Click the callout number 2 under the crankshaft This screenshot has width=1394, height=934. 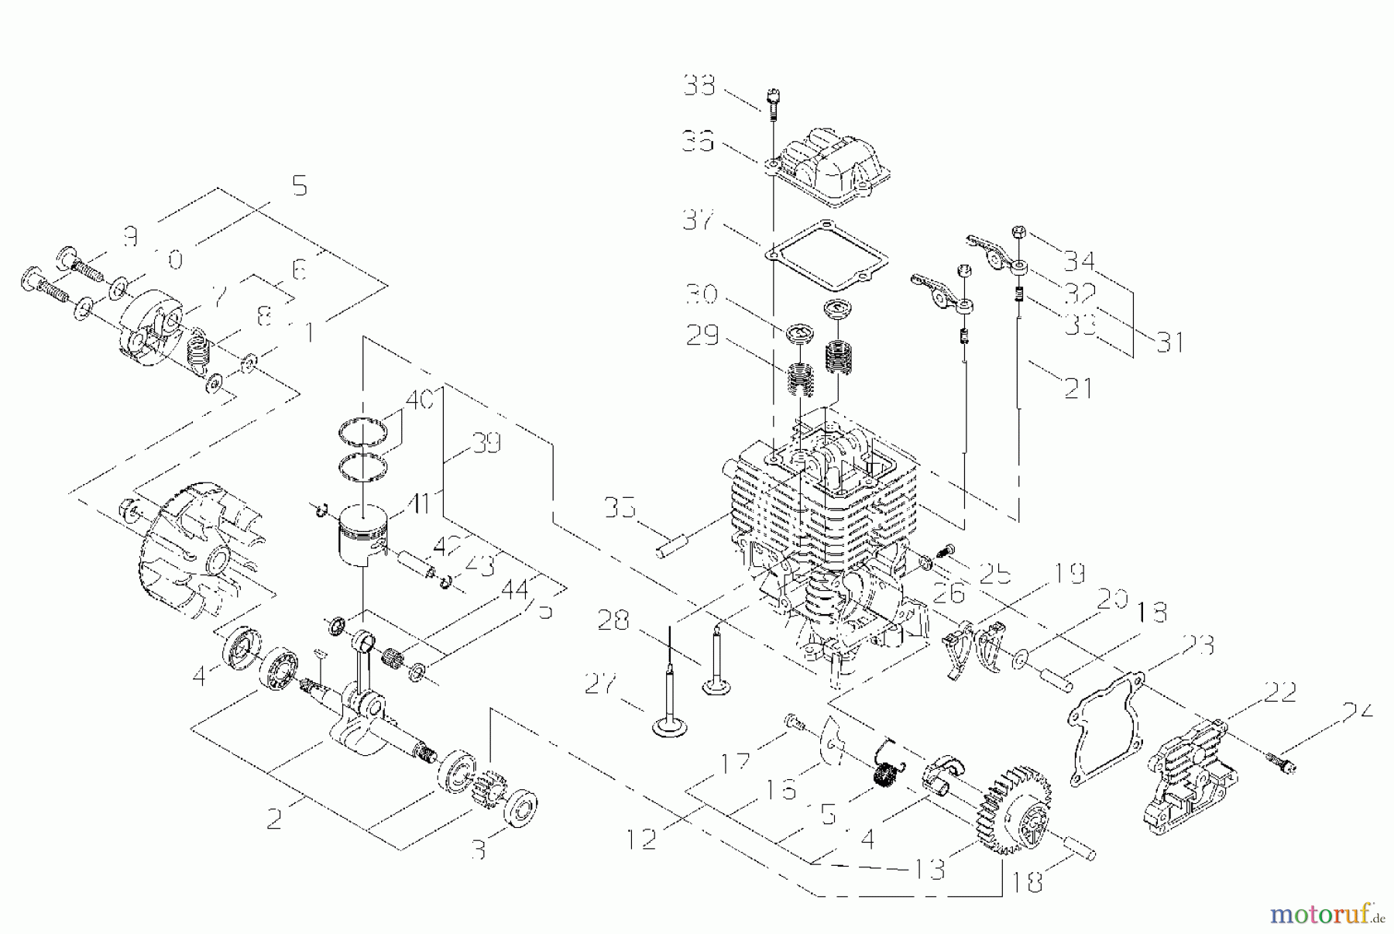[x=274, y=819]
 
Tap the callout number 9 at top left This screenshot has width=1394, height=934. [x=130, y=236]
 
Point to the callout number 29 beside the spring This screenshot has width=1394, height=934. [x=703, y=336]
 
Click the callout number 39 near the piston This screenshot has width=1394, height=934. [x=486, y=444]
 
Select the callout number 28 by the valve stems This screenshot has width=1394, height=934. [x=613, y=620]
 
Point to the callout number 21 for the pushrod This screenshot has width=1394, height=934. [x=1077, y=387]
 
